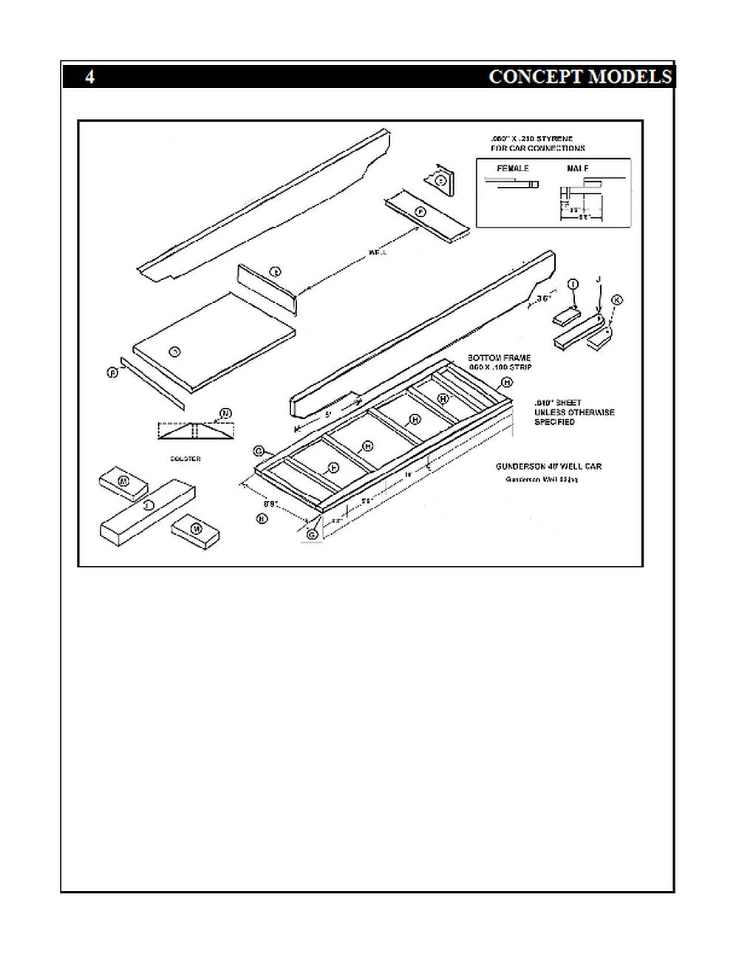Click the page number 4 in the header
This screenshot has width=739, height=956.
[x=89, y=77]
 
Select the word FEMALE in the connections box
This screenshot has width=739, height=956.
[x=513, y=168]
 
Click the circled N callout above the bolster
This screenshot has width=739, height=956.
[x=225, y=413]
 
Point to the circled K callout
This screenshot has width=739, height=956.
[x=617, y=300]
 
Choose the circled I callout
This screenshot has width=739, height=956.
[x=573, y=284]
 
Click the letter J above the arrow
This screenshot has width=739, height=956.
[x=599, y=280]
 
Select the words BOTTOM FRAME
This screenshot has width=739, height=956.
[x=499, y=358]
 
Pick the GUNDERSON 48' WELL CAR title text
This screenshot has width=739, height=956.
[x=548, y=467]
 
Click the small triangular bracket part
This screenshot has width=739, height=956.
[x=439, y=180]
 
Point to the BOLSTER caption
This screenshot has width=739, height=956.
[x=185, y=459]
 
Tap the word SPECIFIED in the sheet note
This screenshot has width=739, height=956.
[x=555, y=422]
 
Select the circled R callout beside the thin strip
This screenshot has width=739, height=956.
[x=113, y=372]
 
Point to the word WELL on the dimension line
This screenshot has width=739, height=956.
[x=377, y=253]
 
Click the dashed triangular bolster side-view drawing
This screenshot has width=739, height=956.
[x=195, y=431]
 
